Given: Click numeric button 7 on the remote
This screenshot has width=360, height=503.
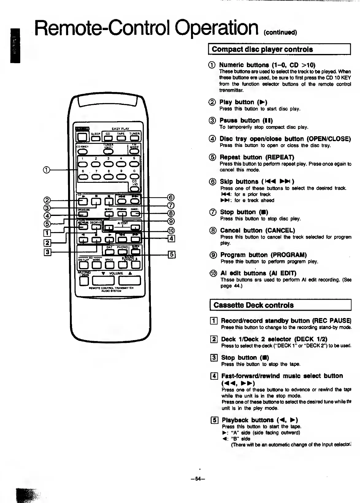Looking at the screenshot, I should point(96,176).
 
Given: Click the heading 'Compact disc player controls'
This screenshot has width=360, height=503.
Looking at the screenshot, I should point(262,49).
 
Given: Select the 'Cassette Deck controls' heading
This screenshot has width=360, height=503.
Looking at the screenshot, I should point(254,305).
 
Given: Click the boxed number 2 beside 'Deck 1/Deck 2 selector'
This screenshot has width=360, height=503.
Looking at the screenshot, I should point(214,339).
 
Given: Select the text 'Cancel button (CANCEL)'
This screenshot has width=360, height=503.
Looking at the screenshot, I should point(257,230).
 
